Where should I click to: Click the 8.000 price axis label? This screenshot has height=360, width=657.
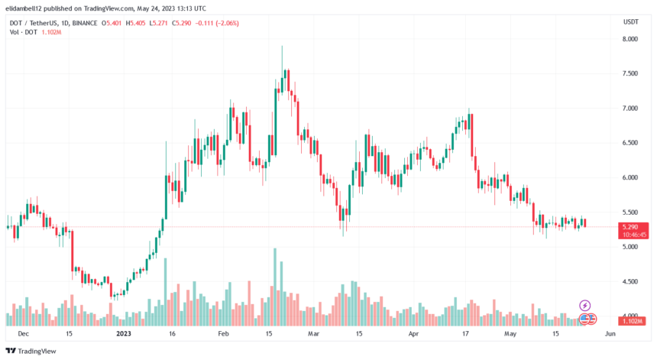click(x=629, y=39)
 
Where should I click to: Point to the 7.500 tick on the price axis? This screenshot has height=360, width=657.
click(x=629, y=74)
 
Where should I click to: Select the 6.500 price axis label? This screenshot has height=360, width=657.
click(x=629, y=143)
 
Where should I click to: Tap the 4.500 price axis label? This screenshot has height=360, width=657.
click(x=629, y=282)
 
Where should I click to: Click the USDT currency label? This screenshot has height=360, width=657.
click(x=630, y=21)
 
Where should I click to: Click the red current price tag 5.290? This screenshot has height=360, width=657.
click(x=630, y=227)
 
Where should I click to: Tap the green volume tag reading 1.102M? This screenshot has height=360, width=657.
click(x=630, y=322)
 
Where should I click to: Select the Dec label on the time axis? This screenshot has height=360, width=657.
click(x=23, y=334)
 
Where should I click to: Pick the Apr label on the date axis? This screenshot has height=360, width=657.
click(x=413, y=334)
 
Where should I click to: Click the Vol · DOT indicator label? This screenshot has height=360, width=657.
click(x=22, y=34)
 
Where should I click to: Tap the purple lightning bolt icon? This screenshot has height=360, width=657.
click(x=585, y=305)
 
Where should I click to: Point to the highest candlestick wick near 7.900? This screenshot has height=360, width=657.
click(x=282, y=48)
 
